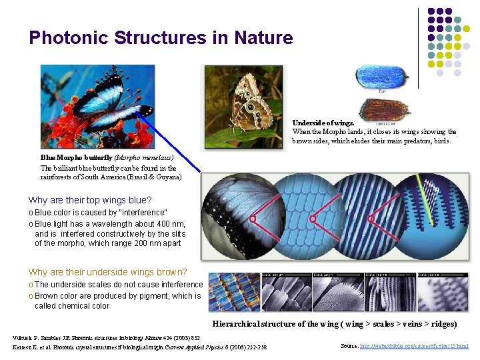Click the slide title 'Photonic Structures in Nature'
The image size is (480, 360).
(x=161, y=38)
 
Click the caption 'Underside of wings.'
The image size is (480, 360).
(x=323, y=123)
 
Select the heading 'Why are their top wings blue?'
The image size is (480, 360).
(x=90, y=200)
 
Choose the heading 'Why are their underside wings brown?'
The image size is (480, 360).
(x=107, y=272)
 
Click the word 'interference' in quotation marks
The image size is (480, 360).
(x=127, y=213)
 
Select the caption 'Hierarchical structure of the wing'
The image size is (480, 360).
(x=279, y=324)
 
